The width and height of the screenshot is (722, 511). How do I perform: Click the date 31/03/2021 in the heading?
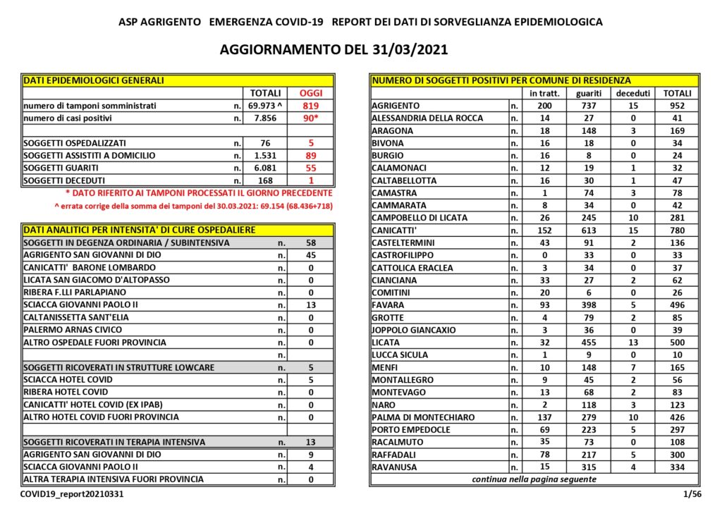click(407, 50)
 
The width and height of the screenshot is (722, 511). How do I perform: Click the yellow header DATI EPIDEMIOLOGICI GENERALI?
click(94, 80)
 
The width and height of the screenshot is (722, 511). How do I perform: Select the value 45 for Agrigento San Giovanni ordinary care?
click(310, 255)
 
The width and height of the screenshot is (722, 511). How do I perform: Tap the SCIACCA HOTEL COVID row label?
click(68, 380)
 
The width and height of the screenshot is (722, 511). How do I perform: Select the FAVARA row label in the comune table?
click(388, 305)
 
